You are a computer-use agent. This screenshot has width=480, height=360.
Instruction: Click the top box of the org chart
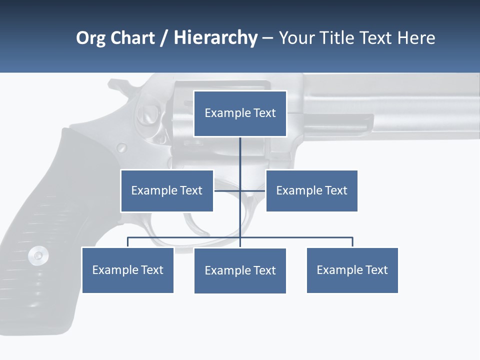(x=240, y=113)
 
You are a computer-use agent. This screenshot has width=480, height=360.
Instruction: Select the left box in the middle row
(x=167, y=190)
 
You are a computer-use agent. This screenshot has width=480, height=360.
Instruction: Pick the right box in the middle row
(x=311, y=190)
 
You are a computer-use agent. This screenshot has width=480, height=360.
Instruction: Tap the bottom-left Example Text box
(x=127, y=270)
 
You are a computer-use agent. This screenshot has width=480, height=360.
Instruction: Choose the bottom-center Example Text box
(x=240, y=270)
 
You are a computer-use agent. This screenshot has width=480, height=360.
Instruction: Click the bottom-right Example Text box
(x=352, y=270)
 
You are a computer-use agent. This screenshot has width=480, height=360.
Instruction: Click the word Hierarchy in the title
(x=215, y=38)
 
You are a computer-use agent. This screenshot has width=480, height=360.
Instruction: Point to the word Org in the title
(x=90, y=38)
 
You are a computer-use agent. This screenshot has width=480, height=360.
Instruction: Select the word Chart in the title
(x=132, y=38)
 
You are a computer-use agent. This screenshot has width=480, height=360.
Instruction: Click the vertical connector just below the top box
(x=240, y=150)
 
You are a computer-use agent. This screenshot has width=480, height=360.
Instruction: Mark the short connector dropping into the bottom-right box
(x=352, y=242)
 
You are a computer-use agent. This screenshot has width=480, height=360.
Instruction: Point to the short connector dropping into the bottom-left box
(x=127, y=242)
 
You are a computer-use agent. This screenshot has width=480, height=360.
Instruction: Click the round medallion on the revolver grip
(x=38, y=256)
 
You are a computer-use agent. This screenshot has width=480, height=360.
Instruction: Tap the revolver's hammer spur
(x=118, y=87)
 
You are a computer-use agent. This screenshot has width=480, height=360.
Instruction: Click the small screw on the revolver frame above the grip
(x=121, y=147)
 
